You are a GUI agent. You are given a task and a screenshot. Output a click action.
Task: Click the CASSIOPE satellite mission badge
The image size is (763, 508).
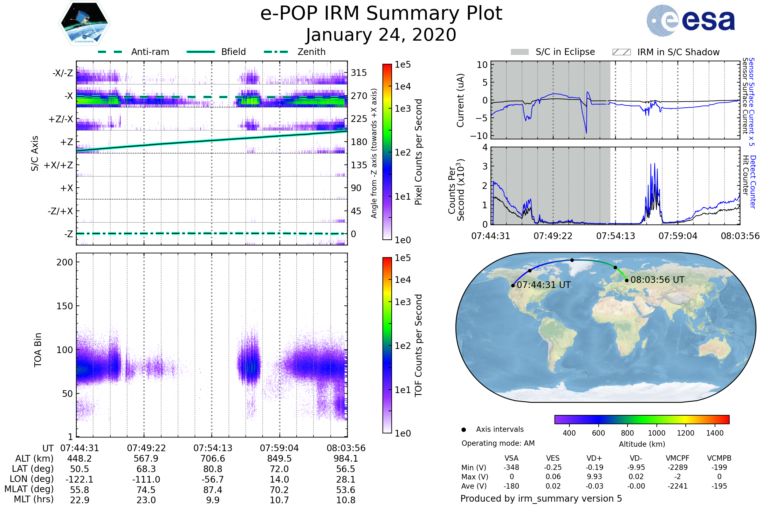point(84,23)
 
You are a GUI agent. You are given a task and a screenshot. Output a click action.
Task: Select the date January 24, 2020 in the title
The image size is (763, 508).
point(381,35)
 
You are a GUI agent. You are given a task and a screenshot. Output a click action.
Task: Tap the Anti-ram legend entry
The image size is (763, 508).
point(150,52)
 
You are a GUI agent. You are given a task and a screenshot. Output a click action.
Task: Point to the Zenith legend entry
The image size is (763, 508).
point(311,52)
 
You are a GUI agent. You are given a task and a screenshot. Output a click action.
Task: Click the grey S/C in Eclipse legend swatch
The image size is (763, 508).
point(519,52)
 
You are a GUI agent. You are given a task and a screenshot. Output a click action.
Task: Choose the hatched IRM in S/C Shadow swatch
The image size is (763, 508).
point(621,52)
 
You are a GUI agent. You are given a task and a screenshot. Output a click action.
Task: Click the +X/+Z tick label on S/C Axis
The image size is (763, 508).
point(58,165)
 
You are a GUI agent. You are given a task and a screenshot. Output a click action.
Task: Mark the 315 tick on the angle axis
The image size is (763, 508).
point(359,73)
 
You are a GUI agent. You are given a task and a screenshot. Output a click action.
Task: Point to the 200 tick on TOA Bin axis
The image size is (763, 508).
point(65,262)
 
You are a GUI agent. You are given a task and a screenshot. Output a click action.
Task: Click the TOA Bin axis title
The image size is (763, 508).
point(38,350)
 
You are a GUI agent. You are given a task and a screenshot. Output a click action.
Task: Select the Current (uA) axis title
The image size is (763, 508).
point(460,100)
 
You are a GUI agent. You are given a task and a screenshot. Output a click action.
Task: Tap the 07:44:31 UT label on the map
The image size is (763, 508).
point(543,285)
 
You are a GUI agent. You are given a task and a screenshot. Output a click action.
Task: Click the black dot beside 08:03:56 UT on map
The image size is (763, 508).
point(627,281)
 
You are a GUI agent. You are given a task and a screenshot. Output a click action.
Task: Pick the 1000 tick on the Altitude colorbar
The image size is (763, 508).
point(656,433)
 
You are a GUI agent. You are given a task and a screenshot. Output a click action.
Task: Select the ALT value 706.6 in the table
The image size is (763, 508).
point(212,459)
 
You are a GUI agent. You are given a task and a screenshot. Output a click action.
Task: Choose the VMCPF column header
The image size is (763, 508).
point(677,458)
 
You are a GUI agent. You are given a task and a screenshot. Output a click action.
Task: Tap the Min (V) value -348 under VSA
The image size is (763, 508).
point(511,467)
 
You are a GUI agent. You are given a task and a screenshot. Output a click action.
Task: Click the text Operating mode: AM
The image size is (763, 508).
point(498,443)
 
